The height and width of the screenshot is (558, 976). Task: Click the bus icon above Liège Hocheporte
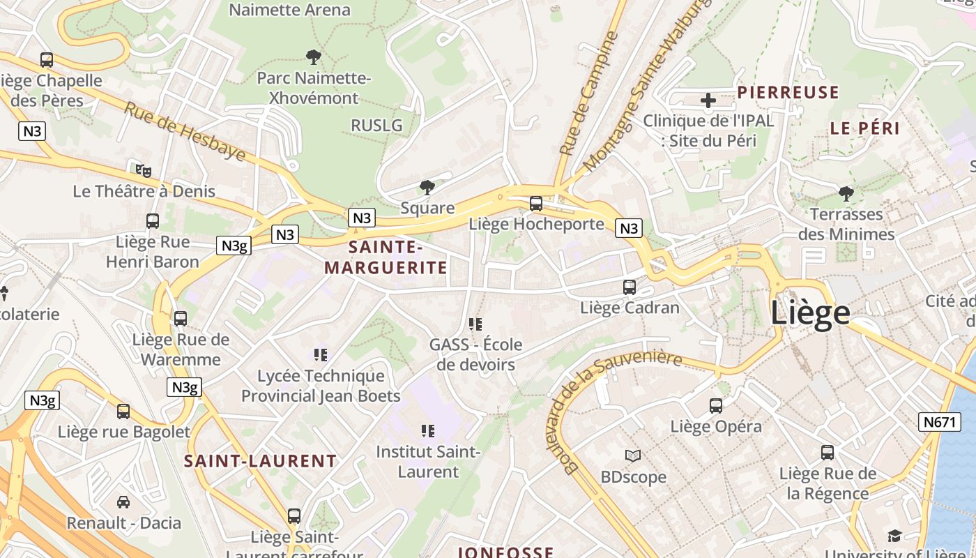tap(535, 204)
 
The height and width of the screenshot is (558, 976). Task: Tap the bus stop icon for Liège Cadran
tap(629, 287)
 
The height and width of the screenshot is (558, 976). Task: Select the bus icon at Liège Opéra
tap(716, 406)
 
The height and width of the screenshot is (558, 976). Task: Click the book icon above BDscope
tap(633, 456)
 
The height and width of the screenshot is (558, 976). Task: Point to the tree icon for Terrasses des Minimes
tap(846, 193)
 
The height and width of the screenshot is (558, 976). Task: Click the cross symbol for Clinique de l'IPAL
tap(708, 100)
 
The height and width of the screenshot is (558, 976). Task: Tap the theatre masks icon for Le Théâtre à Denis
tap(144, 170)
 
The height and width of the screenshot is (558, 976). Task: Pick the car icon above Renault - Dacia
tap(123, 502)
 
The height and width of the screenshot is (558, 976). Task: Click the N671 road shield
tap(939, 421)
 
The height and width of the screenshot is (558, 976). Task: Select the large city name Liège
tap(810, 313)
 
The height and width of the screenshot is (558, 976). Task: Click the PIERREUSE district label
tap(788, 92)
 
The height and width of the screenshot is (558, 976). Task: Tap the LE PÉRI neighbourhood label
tap(864, 128)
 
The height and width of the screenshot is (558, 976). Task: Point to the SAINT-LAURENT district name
tap(260, 461)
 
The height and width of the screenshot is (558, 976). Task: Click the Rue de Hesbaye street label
tap(185, 131)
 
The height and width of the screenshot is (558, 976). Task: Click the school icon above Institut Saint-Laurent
tap(428, 431)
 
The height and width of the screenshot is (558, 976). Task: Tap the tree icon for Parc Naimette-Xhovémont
tap(314, 56)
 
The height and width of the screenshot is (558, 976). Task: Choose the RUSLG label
tap(376, 126)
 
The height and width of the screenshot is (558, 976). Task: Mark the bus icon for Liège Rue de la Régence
tap(828, 453)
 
